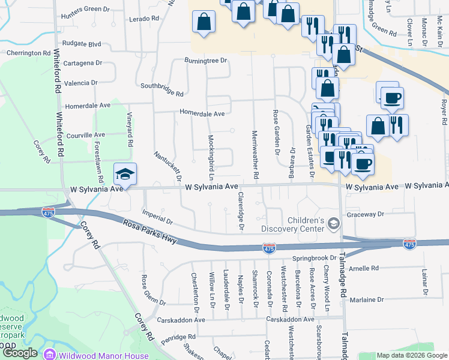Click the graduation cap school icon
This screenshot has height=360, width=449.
[x=125, y=174]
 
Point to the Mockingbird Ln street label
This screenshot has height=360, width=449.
[x=211, y=157]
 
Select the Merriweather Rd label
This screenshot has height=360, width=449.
[x=255, y=155]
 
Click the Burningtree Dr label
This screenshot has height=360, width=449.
[x=206, y=61]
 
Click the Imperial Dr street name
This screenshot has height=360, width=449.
[x=157, y=217]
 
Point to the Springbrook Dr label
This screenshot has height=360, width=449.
[x=313, y=259]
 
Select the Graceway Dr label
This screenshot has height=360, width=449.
[x=364, y=214]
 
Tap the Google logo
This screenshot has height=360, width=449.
[x=20, y=353]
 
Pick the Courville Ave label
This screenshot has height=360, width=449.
[x=86, y=135]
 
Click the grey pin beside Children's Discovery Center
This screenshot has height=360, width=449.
[x=334, y=224]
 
